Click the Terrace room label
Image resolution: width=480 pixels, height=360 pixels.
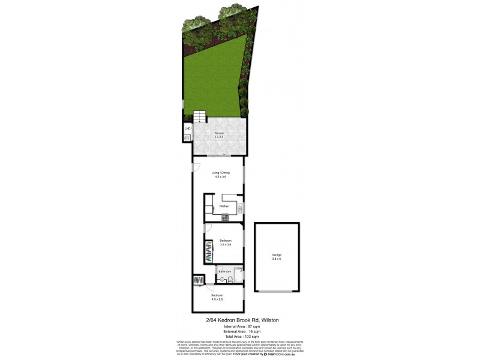click(218, 132)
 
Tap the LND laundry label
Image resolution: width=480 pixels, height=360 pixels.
click(187, 128)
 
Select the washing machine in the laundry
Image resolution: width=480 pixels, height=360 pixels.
click(187, 138)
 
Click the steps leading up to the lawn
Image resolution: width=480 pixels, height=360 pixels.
click(199, 116)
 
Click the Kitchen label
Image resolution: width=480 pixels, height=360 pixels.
click(224, 206)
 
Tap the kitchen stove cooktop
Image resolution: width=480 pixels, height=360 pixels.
click(225, 217)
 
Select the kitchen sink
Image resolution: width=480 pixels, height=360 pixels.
click(239, 208)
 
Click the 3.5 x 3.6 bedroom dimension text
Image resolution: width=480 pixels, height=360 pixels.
click(226, 245)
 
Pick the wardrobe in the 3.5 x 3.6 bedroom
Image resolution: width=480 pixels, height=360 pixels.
click(209, 251)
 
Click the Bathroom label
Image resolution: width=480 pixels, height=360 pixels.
click(225, 271)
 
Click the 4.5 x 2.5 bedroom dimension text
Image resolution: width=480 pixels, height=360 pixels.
click(217, 299)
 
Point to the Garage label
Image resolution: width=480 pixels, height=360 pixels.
click(277, 254)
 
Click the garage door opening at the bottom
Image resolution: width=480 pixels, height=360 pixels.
click(277, 292)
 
